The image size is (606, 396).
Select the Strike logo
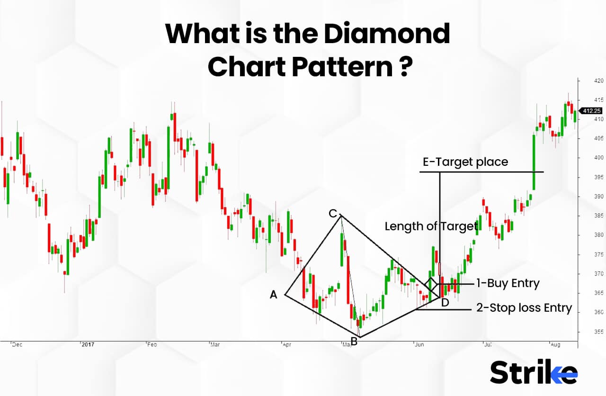[x=534, y=372]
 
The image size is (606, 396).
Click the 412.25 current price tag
[x=592, y=110]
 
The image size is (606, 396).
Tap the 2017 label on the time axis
[x=89, y=345]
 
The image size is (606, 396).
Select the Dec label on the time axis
[x=17, y=345]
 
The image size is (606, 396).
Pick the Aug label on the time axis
[x=555, y=345]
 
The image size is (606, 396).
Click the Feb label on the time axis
[x=152, y=345]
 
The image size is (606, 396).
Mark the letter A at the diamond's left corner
[x=274, y=295]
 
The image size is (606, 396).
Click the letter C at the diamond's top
[x=333, y=214]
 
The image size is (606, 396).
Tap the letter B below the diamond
[x=354, y=342]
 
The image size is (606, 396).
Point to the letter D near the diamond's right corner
[x=445, y=303]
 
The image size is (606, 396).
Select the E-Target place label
[x=465, y=162]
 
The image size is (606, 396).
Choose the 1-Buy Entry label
[x=508, y=284]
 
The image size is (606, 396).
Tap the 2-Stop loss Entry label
[x=524, y=308]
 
